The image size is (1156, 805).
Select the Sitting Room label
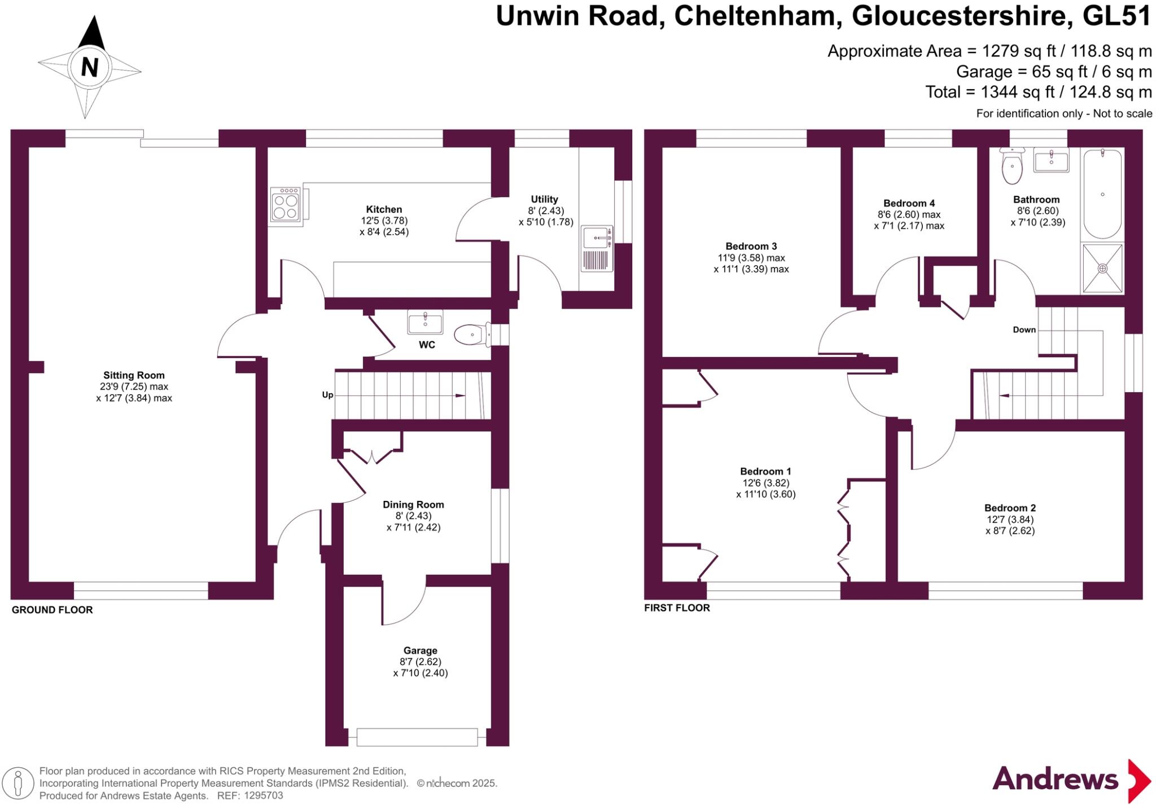point(134,375)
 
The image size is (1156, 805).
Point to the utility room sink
point(597,238)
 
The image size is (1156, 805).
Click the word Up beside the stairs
point(327,395)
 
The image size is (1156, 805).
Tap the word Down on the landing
point(1024,330)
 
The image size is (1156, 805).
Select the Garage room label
point(420,650)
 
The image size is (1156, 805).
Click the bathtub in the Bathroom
point(1102,195)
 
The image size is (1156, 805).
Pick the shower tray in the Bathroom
point(1102,269)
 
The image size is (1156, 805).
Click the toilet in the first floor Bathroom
point(1012,166)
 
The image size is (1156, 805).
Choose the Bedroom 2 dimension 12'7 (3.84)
point(1010,520)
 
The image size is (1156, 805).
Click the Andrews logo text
point(1055,780)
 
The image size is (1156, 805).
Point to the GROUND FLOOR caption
point(52,610)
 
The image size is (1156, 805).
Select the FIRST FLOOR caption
point(677,608)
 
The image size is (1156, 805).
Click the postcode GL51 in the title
point(1116,16)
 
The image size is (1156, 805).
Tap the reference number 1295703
point(263,795)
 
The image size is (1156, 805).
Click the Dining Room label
point(413,505)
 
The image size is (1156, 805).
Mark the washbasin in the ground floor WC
point(425,322)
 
